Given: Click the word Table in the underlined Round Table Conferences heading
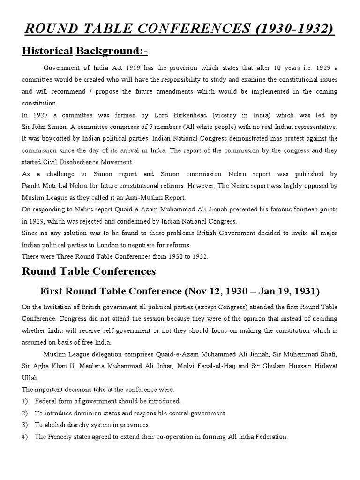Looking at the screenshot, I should click(75, 271).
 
